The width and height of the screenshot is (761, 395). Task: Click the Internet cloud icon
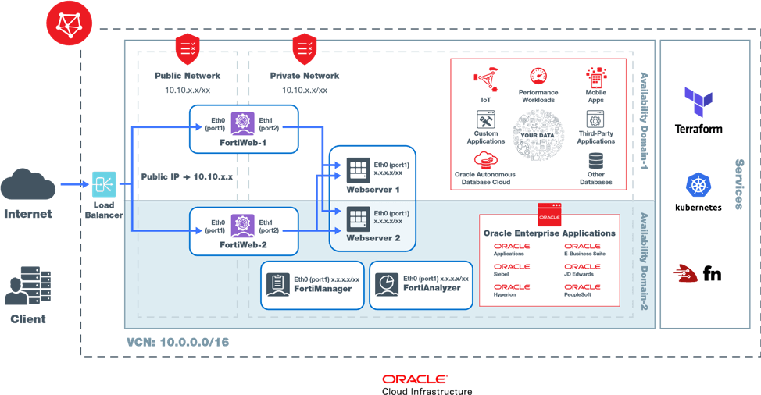[x=28, y=187]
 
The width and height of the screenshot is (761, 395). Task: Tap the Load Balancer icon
[x=104, y=184]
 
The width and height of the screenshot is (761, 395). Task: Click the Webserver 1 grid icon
[x=359, y=170]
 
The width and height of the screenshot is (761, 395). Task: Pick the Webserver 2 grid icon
[x=359, y=216]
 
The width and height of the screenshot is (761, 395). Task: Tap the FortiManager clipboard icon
[x=277, y=283]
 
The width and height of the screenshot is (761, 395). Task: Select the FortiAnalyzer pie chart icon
[x=385, y=283]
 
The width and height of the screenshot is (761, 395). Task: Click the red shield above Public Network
[x=187, y=48]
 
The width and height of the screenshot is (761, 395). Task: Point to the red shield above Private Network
[x=304, y=48]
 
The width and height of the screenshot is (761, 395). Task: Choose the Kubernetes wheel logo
[x=696, y=185]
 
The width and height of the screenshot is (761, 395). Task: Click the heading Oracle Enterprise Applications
[x=549, y=233]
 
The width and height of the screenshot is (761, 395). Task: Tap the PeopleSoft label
[x=582, y=294]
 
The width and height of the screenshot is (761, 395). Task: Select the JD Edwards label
[x=582, y=274]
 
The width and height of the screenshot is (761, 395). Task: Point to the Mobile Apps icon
[x=597, y=79]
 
